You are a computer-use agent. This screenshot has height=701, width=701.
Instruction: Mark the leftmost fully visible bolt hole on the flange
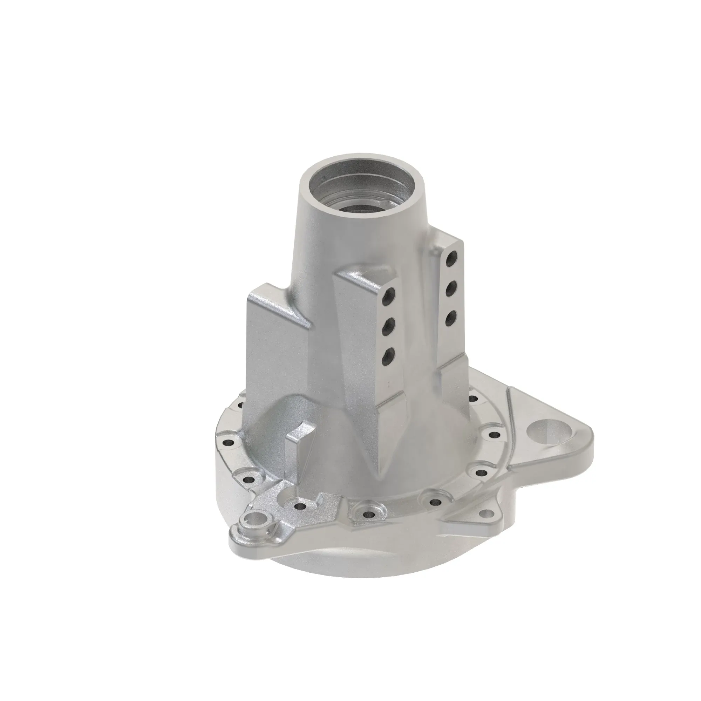228,443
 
